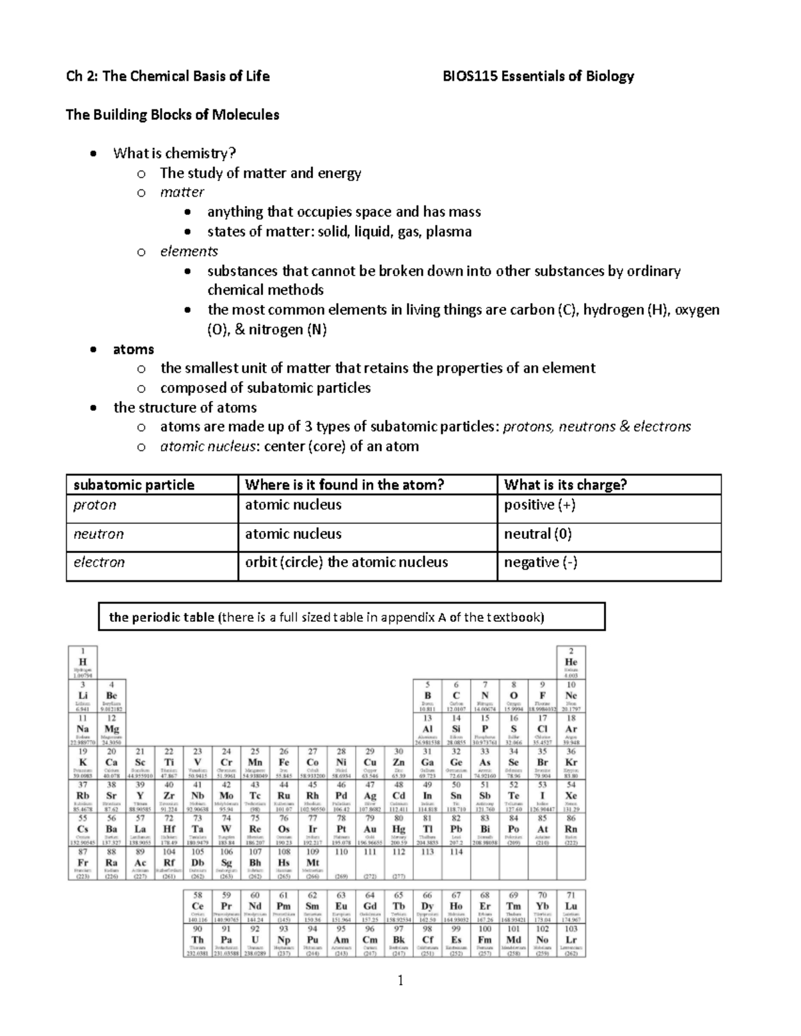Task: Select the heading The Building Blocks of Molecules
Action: pos(172,115)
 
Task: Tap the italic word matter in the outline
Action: pos(182,192)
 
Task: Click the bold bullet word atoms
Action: pos(133,349)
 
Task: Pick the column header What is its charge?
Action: pos(565,485)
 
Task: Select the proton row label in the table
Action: pos(95,505)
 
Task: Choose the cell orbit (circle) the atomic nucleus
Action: pos(346,562)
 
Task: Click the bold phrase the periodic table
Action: pos(162,617)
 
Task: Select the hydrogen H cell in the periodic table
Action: pos(83,662)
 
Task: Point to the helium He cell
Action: pos(571,662)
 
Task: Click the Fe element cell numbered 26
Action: pos(284,763)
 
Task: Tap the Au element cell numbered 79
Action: pos(370,830)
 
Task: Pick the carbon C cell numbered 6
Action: pos(456,696)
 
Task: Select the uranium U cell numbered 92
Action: pos(255,941)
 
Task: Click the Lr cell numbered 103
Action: pos(571,941)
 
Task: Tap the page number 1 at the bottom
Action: pos(400,980)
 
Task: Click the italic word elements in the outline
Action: pos(189,251)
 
